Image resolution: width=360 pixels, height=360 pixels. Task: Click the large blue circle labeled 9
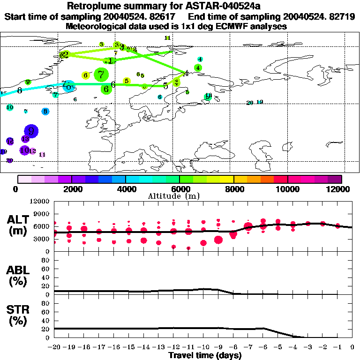click(x=31, y=131)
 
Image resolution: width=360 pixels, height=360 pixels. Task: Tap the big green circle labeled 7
click(x=101, y=74)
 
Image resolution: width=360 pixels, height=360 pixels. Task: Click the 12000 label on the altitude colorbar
click(x=338, y=189)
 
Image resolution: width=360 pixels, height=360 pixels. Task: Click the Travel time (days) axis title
click(x=205, y=355)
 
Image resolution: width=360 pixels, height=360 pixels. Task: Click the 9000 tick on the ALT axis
click(x=41, y=214)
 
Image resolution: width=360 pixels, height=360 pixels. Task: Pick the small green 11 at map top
click(x=167, y=37)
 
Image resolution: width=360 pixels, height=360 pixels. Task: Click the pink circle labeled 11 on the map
click(x=42, y=154)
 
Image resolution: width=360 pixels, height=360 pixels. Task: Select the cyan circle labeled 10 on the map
click(x=9, y=107)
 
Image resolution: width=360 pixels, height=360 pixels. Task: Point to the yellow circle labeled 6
click(x=85, y=75)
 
